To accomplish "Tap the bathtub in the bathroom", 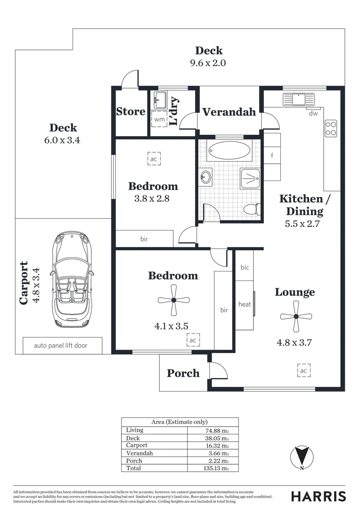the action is (229, 151).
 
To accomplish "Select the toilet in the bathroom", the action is (252, 209).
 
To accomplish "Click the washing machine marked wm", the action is (159, 119).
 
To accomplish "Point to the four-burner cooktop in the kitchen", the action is (331, 128).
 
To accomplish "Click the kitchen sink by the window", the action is (299, 99).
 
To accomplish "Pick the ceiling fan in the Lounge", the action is (296, 316).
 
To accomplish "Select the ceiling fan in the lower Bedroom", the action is (174, 300).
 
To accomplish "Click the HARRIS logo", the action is (319, 496).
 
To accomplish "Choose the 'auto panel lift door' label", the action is (61, 345).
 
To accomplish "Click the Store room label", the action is (131, 111).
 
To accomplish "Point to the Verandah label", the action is (229, 112).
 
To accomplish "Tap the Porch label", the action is (183, 373).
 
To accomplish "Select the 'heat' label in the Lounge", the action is (245, 304).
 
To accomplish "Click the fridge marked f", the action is (272, 156).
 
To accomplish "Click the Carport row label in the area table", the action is (137, 445).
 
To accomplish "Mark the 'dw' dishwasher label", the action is (313, 113).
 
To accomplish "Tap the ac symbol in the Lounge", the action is (303, 370).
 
